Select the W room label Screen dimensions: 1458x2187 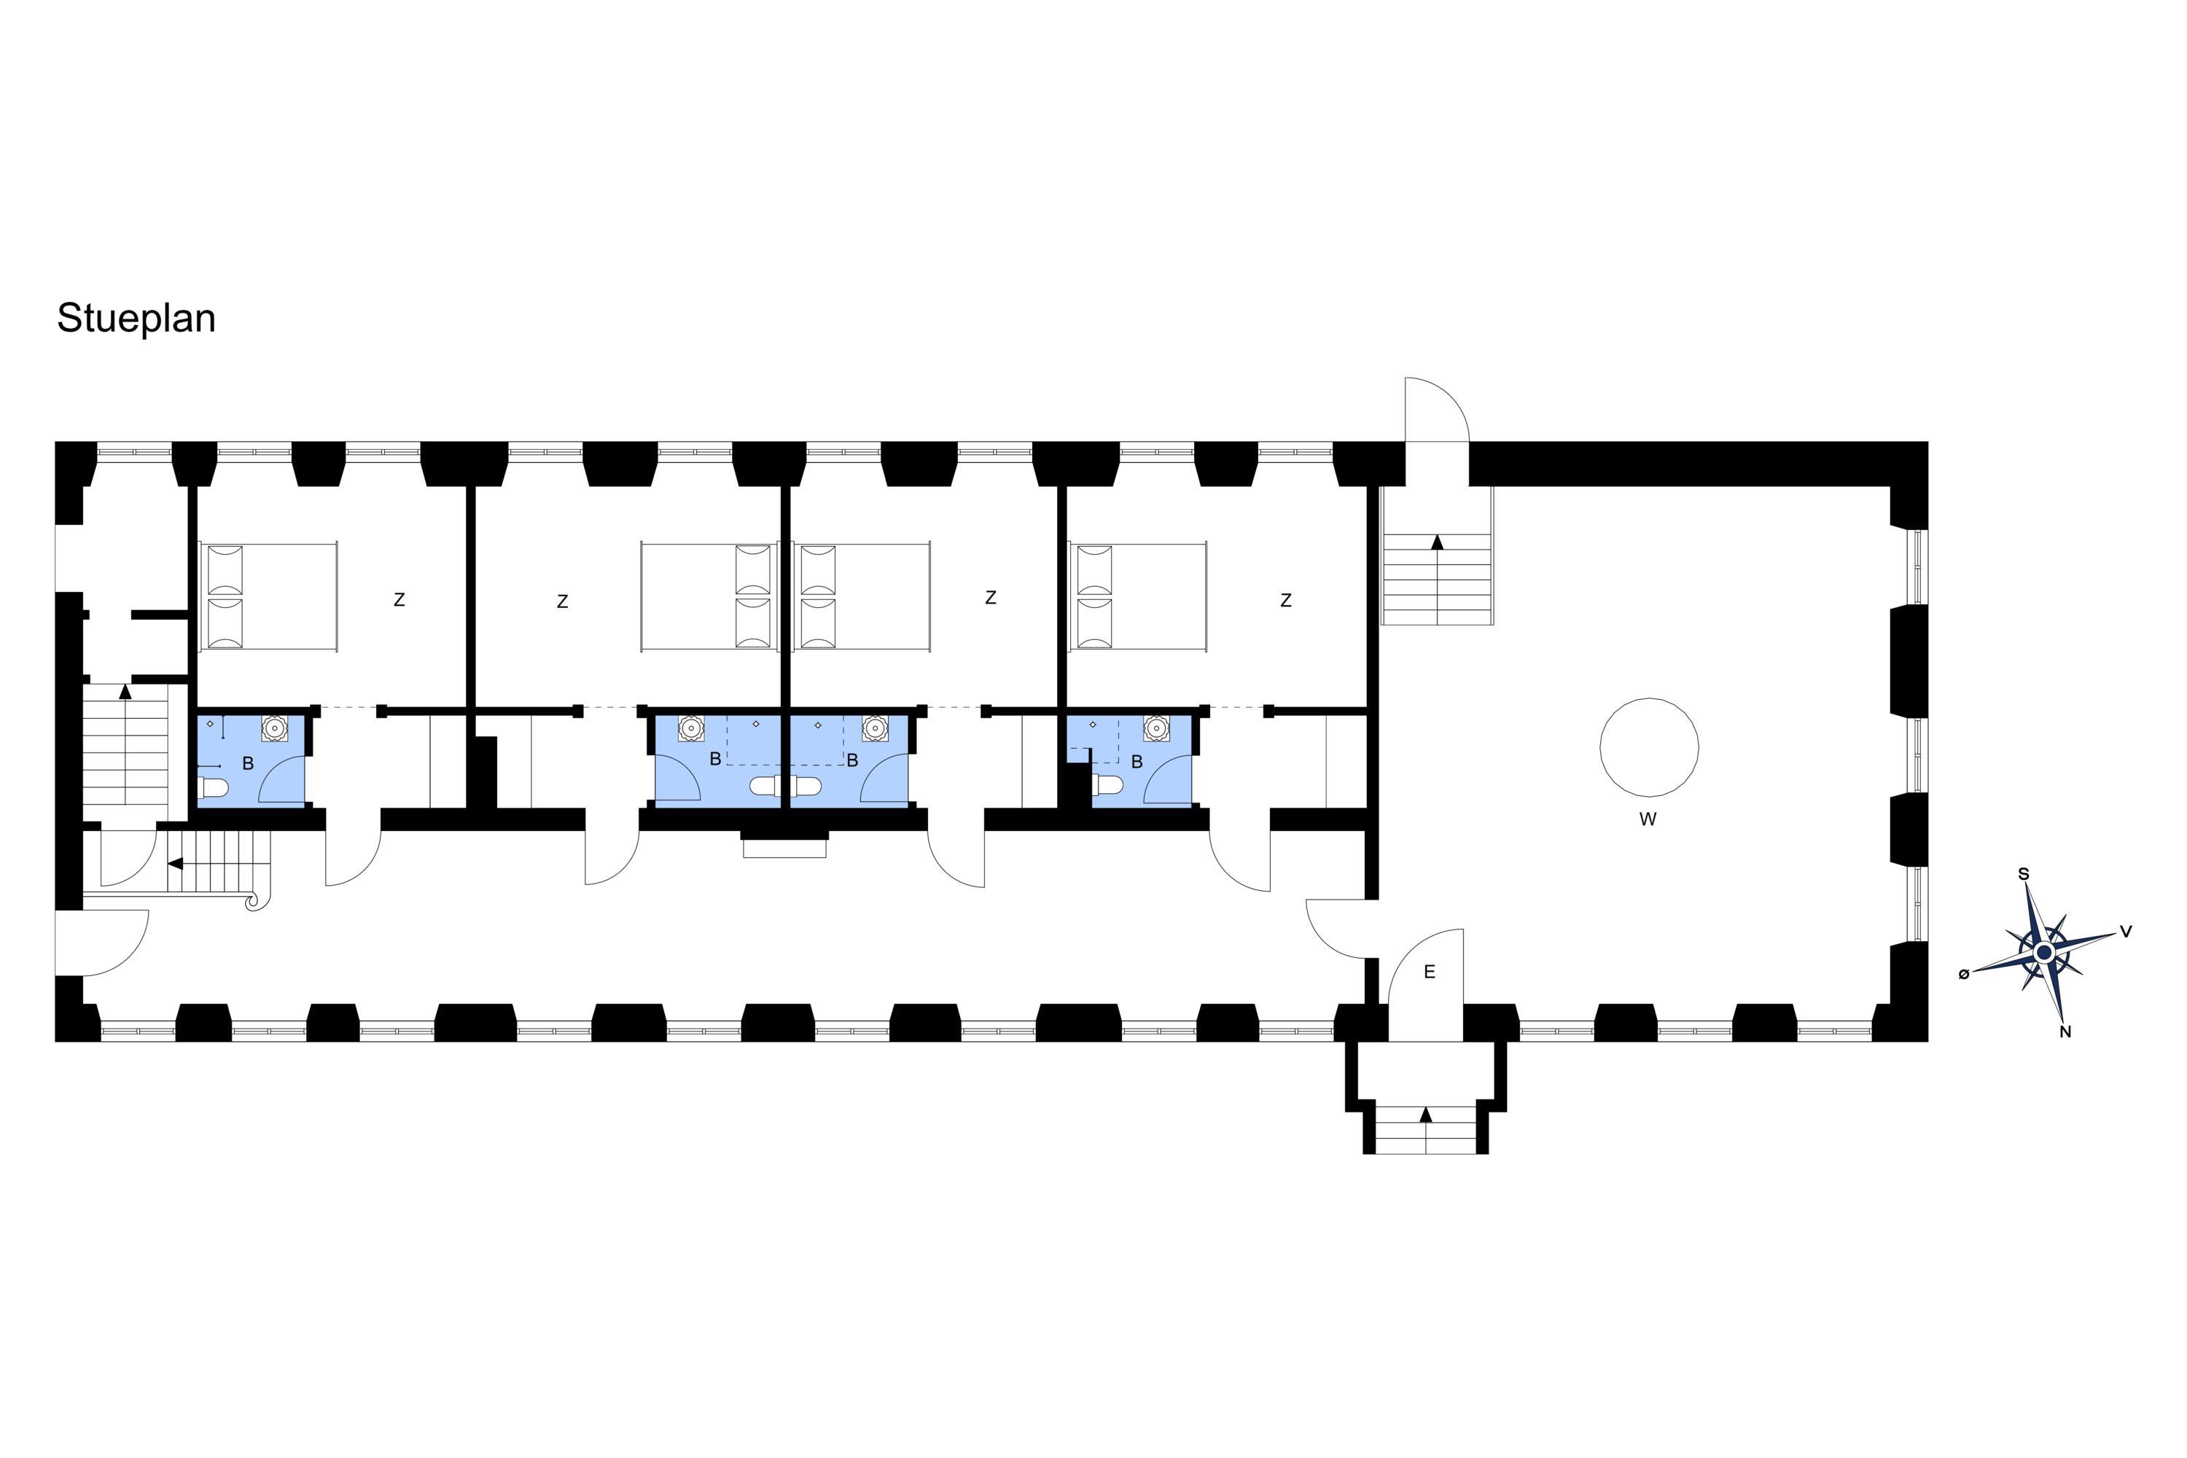[x=1648, y=820]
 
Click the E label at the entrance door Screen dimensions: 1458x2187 [x=1429, y=972]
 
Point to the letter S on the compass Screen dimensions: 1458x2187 [x=2024, y=874]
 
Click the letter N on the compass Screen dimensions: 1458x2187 [x=2066, y=1032]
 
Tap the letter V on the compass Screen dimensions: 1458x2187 [x=2126, y=931]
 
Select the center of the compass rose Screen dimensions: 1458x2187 [x=2044, y=953]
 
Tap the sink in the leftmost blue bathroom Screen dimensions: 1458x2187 [x=274, y=728]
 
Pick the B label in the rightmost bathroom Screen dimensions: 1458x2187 [x=1137, y=763]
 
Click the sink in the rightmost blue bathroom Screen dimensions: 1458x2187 [x=1155, y=728]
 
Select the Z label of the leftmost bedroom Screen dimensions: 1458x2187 [x=399, y=601]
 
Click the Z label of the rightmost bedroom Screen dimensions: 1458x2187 [x=1286, y=601]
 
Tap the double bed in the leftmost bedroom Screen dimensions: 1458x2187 [x=268, y=596]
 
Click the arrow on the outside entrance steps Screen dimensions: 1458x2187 [x=1425, y=1115]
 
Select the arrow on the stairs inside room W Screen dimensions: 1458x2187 [x=1438, y=542]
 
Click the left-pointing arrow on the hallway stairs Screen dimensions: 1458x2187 [x=175, y=864]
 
